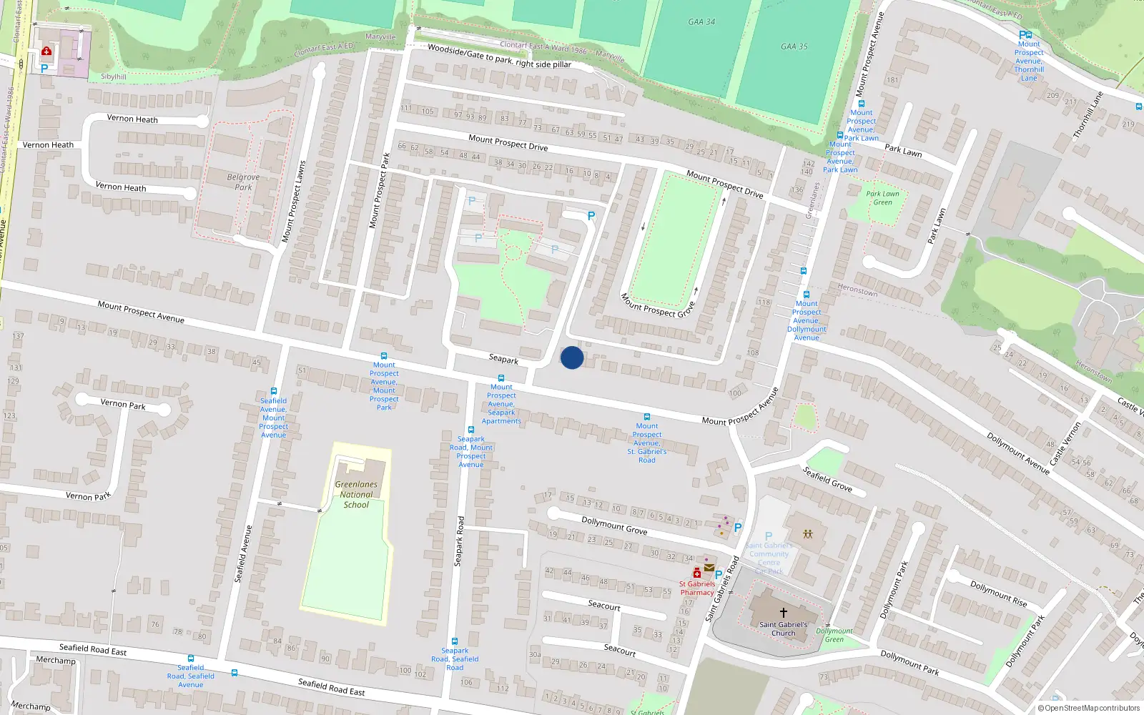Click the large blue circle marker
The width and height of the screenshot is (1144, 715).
572,357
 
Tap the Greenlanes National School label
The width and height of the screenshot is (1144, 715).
356,494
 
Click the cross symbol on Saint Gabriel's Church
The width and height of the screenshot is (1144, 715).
783,612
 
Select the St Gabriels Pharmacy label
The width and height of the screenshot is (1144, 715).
697,588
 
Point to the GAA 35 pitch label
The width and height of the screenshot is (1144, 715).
794,46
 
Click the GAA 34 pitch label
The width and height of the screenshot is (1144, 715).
701,21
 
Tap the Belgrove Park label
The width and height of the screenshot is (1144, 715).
243,182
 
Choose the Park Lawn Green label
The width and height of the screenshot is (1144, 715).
882,198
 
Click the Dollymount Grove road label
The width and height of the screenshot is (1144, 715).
614,526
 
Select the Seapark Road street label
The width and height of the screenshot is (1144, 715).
459,541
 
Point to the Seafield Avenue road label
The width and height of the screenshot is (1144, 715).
244,553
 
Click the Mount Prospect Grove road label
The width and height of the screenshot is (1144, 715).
657,305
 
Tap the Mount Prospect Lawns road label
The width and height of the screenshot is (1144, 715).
294,202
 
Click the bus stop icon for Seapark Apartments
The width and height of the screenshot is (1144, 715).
501,378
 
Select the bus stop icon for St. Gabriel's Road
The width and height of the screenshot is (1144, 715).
646,417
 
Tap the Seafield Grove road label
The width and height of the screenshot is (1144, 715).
827,479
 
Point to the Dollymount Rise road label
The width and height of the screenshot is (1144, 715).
998,594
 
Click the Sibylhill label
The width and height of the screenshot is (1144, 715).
114,77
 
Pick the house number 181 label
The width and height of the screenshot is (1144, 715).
892,80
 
